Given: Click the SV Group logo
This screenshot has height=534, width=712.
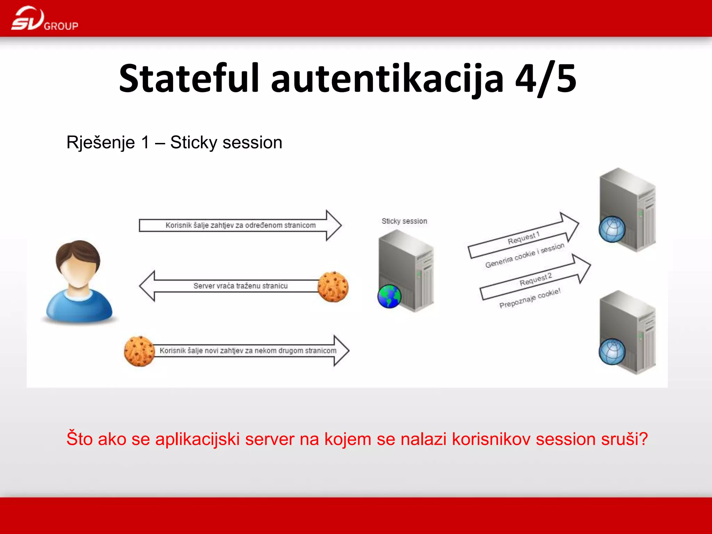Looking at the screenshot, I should click(x=44, y=19).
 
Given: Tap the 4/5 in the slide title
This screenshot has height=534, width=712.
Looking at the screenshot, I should click(x=545, y=79).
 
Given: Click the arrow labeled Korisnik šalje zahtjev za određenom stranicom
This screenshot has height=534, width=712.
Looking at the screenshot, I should click(x=240, y=225).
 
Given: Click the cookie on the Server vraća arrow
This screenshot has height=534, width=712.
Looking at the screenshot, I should click(x=333, y=286).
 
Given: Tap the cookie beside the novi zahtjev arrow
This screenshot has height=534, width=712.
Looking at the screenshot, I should click(x=139, y=351).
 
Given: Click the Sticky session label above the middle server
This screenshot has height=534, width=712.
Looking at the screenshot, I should click(x=404, y=221).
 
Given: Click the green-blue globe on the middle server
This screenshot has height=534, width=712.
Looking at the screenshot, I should click(x=389, y=297).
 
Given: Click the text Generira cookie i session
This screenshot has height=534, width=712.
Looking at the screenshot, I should click(x=525, y=256).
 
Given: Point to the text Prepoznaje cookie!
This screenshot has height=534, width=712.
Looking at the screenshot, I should click(x=530, y=298).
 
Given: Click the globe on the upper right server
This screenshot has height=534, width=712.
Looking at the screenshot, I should click(x=612, y=229).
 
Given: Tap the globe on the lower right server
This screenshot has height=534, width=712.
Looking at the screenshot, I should click(x=612, y=351).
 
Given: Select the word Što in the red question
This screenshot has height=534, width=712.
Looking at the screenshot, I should click(x=79, y=439).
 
